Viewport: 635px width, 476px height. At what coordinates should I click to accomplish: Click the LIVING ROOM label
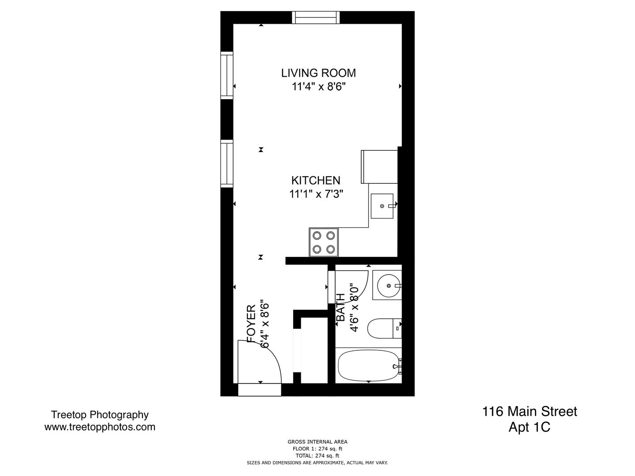pyautogui.click(x=318, y=73)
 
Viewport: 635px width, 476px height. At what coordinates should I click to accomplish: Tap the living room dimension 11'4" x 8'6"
pyautogui.click(x=319, y=86)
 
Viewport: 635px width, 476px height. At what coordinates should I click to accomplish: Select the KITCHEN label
pyautogui.click(x=316, y=180)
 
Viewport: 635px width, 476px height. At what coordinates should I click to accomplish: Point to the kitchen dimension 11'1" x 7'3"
pyautogui.click(x=316, y=194)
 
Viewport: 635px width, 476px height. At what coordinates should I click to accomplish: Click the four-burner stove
pyautogui.click(x=323, y=242)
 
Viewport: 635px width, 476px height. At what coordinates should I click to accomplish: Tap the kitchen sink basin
pyautogui.click(x=382, y=206)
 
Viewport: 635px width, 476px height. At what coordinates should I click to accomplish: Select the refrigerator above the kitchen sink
pyautogui.click(x=379, y=167)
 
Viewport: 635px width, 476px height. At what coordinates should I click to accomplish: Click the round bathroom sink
pyautogui.click(x=389, y=286)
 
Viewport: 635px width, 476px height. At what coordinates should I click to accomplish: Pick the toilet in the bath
pyautogui.click(x=385, y=328)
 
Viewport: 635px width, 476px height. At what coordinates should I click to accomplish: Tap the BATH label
pyautogui.click(x=341, y=307)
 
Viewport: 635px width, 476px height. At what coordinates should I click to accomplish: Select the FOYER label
pyautogui.click(x=251, y=324)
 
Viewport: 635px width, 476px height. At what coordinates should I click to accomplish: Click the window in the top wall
pyautogui.click(x=316, y=17)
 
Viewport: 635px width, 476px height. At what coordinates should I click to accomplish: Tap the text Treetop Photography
pyautogui.click(x=100, y=415)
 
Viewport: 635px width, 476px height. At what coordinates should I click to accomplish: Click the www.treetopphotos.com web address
pyautogui.click(x=100, y=427)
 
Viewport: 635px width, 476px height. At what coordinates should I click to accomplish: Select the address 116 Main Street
pyautogui.click(x=530, y=412)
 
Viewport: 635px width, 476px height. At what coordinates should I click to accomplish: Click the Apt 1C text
pyautogui.click(x=530, y=427)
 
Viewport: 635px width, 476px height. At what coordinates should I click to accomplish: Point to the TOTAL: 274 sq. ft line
pyautogui.click(x=317, y=456)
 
